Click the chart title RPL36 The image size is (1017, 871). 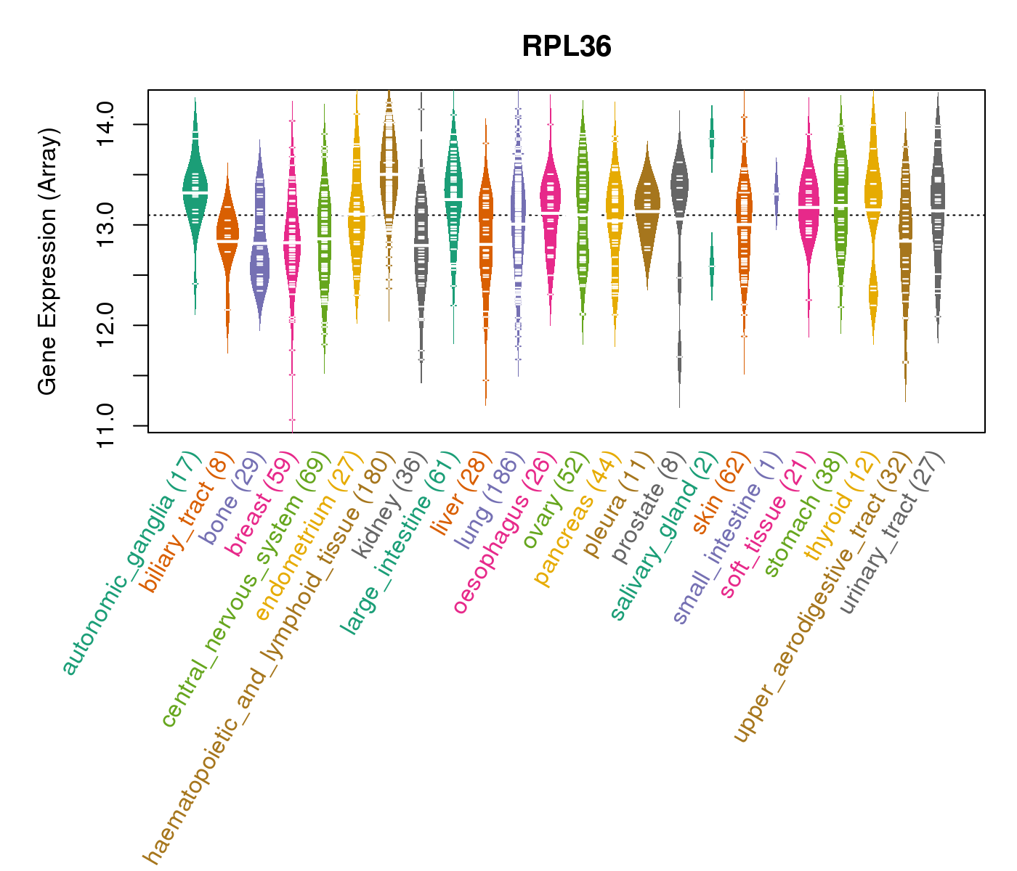567,47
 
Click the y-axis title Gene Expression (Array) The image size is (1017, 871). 48,261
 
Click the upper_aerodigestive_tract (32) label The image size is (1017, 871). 822,595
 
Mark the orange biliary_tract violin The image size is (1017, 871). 227,232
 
